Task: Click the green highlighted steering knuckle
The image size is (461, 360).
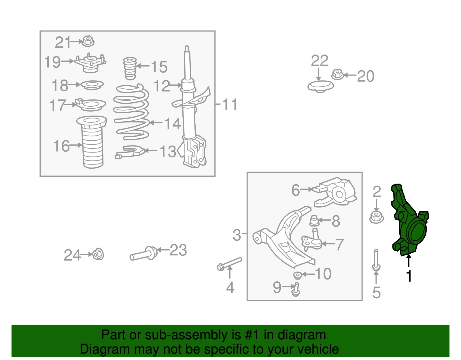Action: (x=409, y=225)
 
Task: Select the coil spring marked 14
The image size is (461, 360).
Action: (x=131, y=112)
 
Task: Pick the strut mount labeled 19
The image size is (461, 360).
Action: (x=90, y=63)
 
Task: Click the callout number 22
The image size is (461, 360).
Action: (x=320, y=61)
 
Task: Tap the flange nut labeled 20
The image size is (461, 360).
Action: (x=337, y=75)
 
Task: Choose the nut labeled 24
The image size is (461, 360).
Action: (x=98, y=254)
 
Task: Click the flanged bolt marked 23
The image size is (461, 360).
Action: (x=144, y=254)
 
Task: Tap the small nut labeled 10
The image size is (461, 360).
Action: (x=297, y=275)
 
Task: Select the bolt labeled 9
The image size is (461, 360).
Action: (x=296, y=289)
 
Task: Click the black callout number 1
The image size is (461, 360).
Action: (x=409, y=276)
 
